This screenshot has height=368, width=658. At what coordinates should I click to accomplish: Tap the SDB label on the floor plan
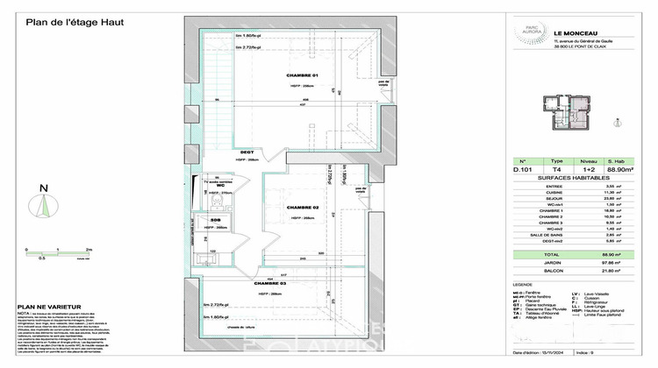pyautogui.click(x=216, y=220)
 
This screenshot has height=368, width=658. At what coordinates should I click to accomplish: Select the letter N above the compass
pyautogui.click(x=42, y=186)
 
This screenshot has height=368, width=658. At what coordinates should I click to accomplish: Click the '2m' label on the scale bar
pyautogui.click(x=89, y=249)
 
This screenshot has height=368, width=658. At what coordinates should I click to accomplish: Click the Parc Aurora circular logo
pyautogui.click(x=526, y=32)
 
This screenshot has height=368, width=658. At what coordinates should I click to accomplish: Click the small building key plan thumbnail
pyautogui.click(x=574, y=117)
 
